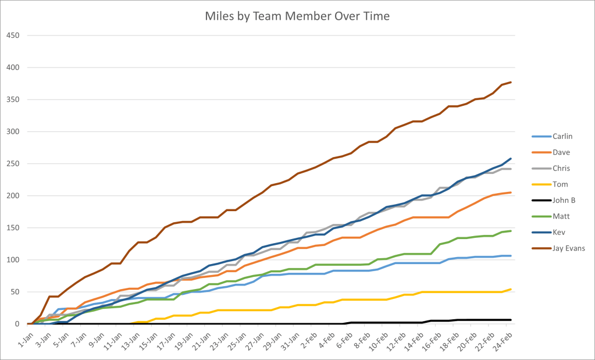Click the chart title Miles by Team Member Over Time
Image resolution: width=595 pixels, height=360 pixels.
click(x=297, y=16)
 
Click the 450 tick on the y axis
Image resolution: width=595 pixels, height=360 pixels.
click(x=13, y=35)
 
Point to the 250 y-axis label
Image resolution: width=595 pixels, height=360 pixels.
click(x=13, y=163)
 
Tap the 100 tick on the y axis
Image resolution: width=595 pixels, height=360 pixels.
click(x=13, y=260)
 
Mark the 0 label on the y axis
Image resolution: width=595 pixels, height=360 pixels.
click(x=17, y=324)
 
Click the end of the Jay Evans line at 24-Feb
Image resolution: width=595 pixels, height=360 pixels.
click(x=510, y=82)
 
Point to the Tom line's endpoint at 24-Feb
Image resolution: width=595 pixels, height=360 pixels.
click(x=510, y=289)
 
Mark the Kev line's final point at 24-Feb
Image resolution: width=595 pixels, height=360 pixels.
click(x=510, y=158)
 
